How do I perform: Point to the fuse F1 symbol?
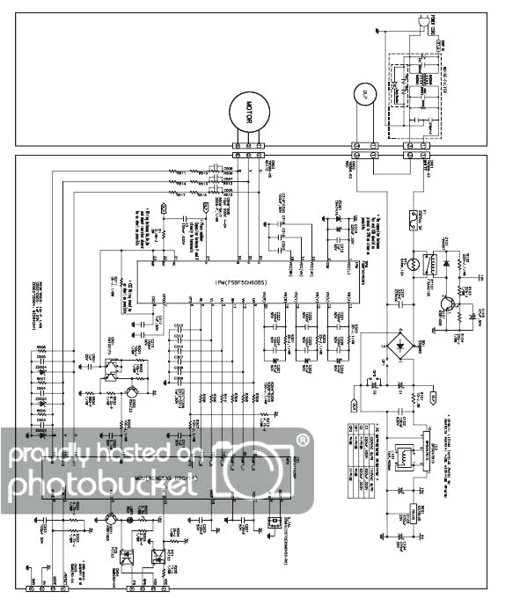tap(411, 214)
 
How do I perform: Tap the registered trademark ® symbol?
tap(304, 436)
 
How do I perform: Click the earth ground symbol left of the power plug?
tap(378, 33)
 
